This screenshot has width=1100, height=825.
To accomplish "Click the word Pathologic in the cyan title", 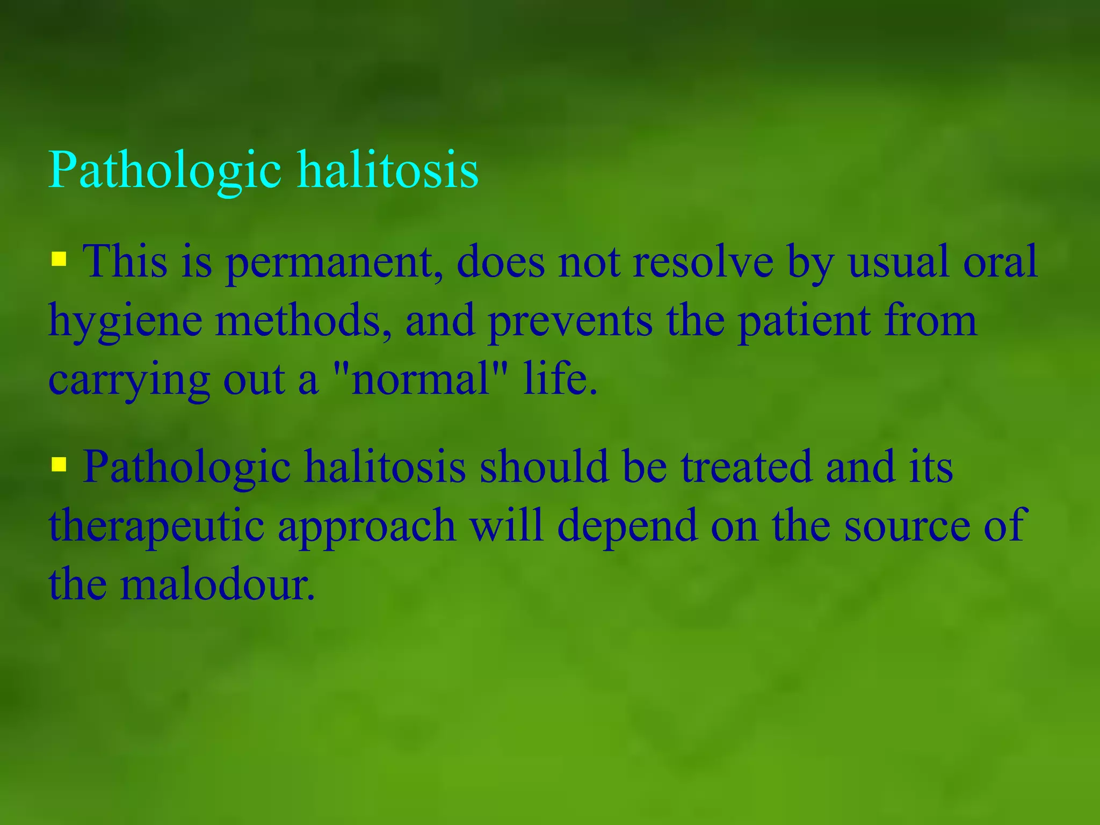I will [x=164, y=171].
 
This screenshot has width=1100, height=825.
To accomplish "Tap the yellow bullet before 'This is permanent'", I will [x=59, y=259].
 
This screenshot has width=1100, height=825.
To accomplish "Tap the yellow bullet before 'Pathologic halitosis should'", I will [x=59, y=464].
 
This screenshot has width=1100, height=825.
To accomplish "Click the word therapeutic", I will [x=156, y=526].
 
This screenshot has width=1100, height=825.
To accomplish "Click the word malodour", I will [x=217, y=584].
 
